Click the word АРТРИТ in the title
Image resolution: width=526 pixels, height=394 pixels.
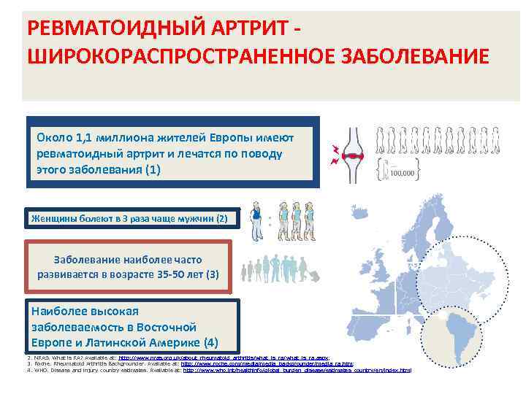[229, 27]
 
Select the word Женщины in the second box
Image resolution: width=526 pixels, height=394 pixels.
[53, 218]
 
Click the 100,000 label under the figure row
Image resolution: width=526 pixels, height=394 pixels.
[403, 173]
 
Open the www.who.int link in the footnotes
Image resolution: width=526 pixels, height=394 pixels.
[297, 370]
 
